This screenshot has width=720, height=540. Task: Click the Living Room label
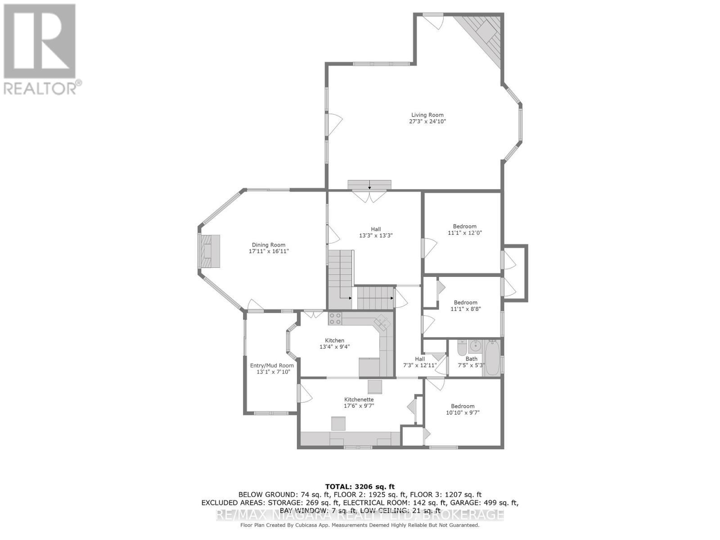pos(427,115)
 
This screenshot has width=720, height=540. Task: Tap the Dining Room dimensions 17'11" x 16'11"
pos(269,252)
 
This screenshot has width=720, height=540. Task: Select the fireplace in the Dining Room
pos(210,251)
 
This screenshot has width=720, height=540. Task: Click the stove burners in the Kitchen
pos(335,319)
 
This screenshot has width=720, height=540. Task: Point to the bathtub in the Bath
pos(493,358)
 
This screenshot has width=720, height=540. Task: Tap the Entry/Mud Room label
pos(272,365)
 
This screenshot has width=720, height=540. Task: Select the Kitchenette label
pos(359,399)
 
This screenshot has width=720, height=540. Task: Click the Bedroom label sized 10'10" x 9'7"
pos(463,406)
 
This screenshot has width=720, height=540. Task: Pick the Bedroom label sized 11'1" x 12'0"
pos(464,226)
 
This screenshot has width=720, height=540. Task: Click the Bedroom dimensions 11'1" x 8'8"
pos(465,309)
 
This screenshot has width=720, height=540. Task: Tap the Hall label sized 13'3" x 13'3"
pos(376,229)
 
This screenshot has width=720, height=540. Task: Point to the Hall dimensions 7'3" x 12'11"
pos(420,365)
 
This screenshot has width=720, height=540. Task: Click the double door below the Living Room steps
pos(369,196)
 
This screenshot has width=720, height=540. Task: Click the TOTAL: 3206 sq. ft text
pos(360,486)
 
